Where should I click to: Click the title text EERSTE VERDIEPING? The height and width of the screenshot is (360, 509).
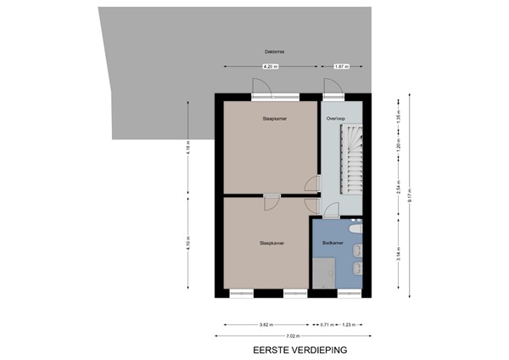300,349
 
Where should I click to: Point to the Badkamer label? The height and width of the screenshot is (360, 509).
333,243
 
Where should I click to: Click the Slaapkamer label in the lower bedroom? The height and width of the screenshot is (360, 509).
271,243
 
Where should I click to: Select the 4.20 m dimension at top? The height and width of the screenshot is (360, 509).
270,65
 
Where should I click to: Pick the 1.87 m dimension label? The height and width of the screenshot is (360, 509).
341,65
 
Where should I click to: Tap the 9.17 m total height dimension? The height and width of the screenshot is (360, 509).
410,194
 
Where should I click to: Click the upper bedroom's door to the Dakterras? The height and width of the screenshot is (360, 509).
261,88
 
